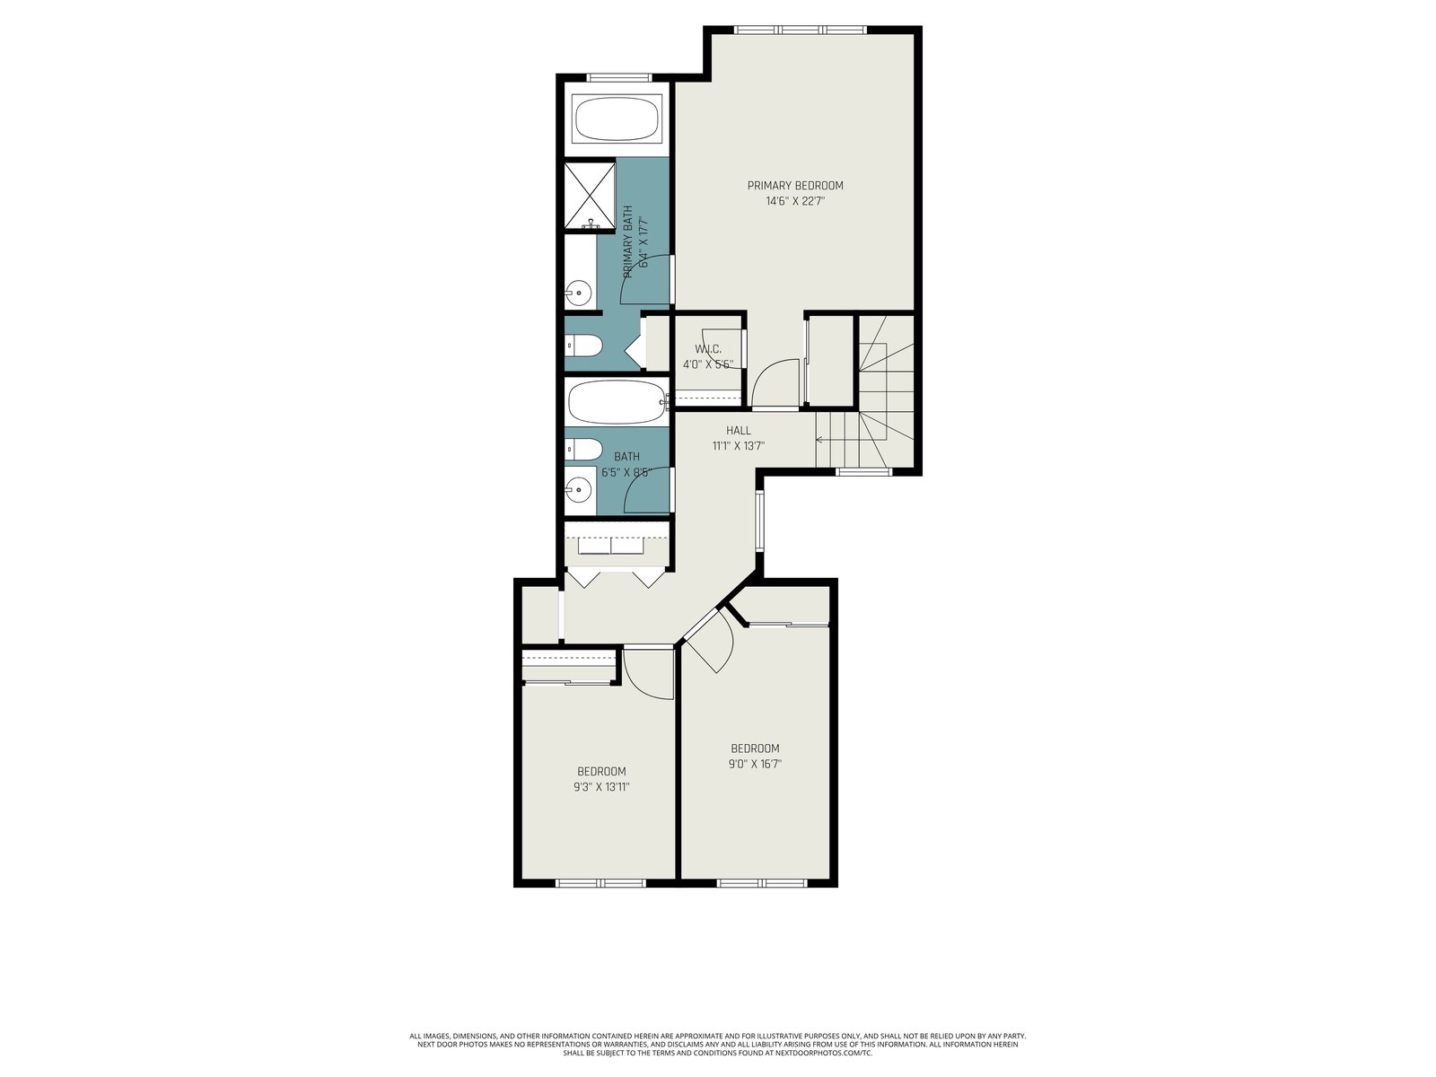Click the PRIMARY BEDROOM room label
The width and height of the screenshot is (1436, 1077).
pos(795,186)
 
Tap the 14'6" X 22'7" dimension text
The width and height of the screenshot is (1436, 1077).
pos(795,201)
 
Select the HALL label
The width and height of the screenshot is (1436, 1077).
pos(738,430)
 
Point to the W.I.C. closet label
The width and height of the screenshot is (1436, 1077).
pos(708,349)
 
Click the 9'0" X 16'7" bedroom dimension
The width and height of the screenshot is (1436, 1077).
pos(755,763)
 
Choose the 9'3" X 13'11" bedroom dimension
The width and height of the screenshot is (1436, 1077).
pos(601,787)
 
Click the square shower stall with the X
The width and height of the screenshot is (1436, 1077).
pos(590,197)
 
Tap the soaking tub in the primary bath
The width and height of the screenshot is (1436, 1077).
pos(617,119)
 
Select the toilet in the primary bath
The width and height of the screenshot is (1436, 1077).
pos(582,346)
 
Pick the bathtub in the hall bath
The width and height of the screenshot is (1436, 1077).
pos(617,402)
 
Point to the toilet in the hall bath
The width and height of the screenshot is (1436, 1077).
pos(583,450)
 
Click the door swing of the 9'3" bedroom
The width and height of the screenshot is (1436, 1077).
pos(648,673)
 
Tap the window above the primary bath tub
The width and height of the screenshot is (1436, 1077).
pos(619,78)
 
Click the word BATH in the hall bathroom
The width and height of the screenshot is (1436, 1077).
pos(626,457)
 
